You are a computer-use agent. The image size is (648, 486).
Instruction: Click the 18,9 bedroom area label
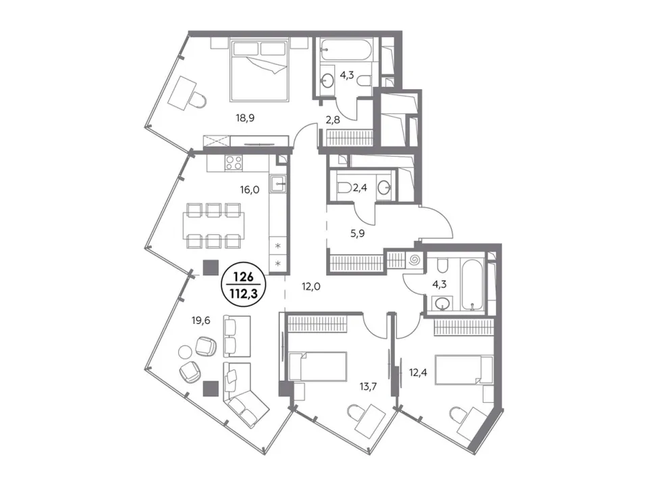click(245, 118)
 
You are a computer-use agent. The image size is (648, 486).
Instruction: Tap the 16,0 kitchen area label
click(250, 190)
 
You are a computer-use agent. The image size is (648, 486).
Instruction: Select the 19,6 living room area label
click(201, 320)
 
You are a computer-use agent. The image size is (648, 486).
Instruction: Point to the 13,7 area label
click(368, 387)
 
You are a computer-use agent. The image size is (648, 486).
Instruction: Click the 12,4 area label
click(418, 373)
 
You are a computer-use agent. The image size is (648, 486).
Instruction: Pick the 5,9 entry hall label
click(358, 234)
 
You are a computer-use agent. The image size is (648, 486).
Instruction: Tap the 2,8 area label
click(333, 120)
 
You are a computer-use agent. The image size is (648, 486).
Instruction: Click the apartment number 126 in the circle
click(244, 276)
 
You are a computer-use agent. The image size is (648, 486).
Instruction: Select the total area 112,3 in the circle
click(244, 294)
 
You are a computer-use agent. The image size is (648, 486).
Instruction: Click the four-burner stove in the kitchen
click(234, 163)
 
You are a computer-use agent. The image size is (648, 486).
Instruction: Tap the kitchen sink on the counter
click(277, 184)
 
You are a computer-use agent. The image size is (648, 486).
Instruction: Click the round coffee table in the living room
click(186, 352)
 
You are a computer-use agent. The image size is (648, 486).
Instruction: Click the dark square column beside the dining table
click(211, 267)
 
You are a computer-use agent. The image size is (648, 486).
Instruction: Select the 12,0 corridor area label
click(311, 286)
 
